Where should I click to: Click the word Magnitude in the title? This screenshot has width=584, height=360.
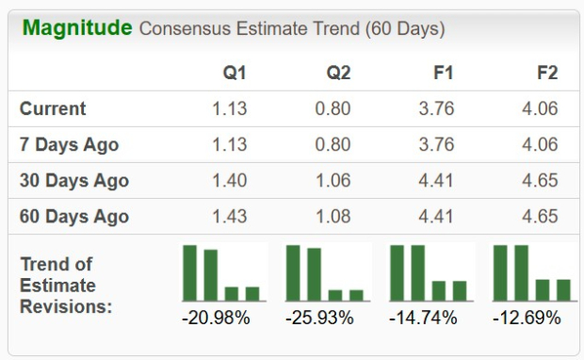click(77, 28)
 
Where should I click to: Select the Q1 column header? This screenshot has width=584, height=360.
click(235, 73)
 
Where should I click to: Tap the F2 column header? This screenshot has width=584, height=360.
click(545, 73)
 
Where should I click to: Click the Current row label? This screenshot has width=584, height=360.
click(53, 108)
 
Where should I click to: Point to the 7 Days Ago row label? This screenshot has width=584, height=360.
click(70, 144)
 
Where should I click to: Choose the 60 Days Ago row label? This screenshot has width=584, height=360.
click(74, 216)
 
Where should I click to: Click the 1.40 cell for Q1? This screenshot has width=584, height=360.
click(230, 180)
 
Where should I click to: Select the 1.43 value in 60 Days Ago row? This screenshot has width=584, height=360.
click(230, 216)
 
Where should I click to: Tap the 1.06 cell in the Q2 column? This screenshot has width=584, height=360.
click(333, 180)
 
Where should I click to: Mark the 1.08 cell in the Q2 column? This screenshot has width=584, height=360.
click(333, 216)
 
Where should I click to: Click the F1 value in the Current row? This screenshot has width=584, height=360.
click(437, 108)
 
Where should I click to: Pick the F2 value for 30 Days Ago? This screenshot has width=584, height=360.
click(541, 180)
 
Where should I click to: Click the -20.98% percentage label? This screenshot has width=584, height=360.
click(216, 318)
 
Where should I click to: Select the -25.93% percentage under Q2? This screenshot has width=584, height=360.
click(319, 318)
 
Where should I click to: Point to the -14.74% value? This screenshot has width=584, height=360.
click(423, 318)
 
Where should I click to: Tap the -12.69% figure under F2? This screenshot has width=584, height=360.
click(527, 318)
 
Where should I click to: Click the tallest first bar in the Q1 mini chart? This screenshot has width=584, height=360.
click(190, 272)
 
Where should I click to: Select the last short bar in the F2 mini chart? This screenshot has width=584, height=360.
click(563, 289)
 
